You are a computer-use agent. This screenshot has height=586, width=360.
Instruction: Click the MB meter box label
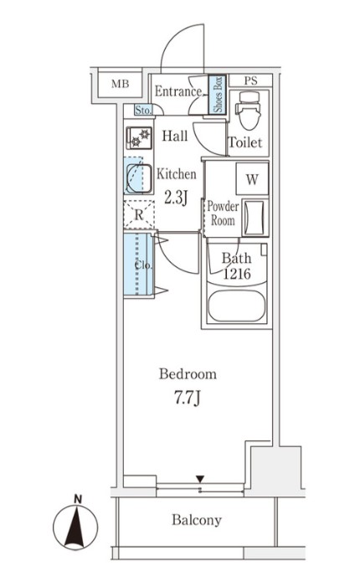pos(120,84)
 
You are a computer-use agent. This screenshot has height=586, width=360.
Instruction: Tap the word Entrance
pos(178,91)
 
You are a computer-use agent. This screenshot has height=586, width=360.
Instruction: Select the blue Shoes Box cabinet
pos(217,95)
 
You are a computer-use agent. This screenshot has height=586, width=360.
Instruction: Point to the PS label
pos(251,80)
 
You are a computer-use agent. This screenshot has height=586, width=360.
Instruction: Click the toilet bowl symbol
pos(249,111)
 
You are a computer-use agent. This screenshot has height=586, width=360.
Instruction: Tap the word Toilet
pos(245,142)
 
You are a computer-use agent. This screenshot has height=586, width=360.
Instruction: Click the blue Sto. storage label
pos(143,111)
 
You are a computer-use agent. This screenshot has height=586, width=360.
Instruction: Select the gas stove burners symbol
pos(139,138)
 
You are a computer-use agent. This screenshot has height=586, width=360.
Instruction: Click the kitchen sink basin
pos(139,178)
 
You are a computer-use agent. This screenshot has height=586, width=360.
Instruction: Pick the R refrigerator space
pos(139,215)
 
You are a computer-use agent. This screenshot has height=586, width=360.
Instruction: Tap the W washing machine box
pos(252,179)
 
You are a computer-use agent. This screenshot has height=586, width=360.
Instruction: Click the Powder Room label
pos(223,213)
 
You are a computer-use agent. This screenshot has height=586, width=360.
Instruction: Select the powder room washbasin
pos(255,218)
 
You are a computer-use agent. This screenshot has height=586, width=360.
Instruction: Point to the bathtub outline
pos(237,306)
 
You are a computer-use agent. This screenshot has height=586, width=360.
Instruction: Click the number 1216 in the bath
pos(237,275)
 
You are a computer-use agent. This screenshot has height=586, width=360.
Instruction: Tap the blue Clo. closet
pos(138,265)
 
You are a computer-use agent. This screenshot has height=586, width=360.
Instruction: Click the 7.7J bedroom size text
pos(188,398)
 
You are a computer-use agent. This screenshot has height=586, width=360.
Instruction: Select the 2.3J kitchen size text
pos(176,198)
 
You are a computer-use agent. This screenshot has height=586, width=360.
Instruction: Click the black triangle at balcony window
pos(200,479)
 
